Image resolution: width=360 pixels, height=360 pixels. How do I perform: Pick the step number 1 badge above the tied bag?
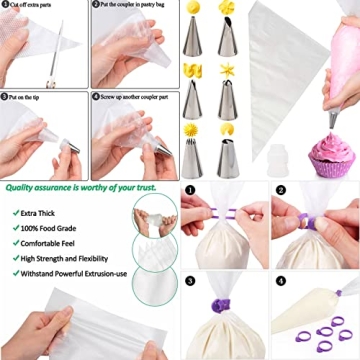[x=192, y=189]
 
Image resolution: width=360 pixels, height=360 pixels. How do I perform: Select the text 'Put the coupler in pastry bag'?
[x=138, y=5]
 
